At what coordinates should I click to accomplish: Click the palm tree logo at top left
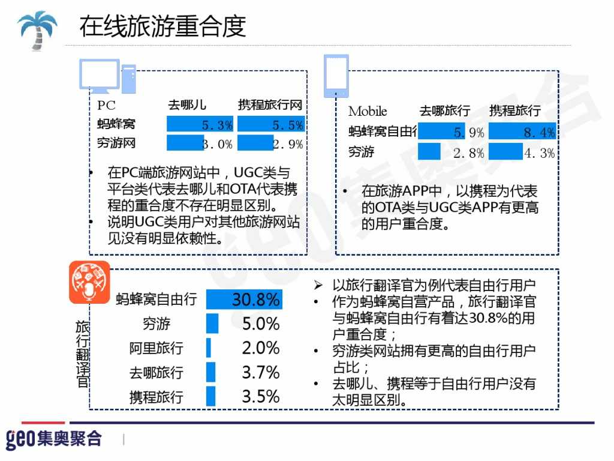[x=37, y=29]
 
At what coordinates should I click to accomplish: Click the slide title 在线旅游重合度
[x=162, y=26]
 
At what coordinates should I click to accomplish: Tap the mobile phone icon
[x=336, y=76]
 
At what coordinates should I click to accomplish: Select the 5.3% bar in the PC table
[x=200, y=125]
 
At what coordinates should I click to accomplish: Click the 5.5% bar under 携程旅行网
[x=270, y=125]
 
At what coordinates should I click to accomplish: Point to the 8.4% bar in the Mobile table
[x=522, y=132]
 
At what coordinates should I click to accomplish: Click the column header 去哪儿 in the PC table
[x=187, y=105]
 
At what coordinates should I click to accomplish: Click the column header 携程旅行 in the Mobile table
[x=514, y=111]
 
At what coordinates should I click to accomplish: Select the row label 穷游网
[x=116, y=143]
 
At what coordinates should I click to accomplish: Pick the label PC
[x=106, y=105]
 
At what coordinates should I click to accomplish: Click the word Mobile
[x=368, y=111]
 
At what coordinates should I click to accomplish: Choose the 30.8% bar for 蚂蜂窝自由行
[x=243, y=299]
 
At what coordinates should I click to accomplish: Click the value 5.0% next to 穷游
[x=261, y=324]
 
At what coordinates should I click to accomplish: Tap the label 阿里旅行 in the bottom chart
[x=156, y=349]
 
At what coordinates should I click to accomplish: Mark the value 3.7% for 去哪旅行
[x=261, y=373]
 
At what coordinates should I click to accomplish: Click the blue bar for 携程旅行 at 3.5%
[x=210, y=397]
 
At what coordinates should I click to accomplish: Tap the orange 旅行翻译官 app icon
[x=89, y=282]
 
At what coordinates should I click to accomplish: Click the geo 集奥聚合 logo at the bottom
[x=54, y=438]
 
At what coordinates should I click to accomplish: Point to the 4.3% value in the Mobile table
[x=540, y=152]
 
